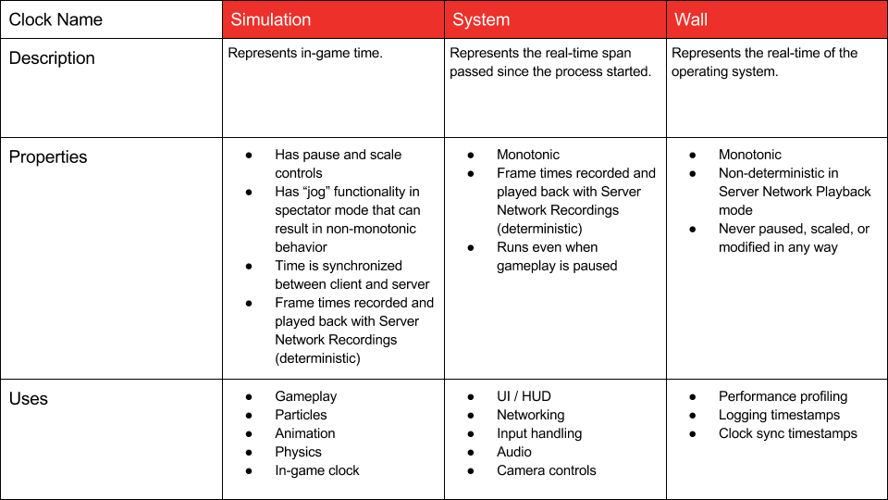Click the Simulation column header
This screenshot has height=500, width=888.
270,19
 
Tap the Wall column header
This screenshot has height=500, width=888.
691,19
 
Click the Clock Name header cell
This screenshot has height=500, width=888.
55,19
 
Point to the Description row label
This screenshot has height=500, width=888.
52,58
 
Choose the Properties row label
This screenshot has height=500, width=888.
48,157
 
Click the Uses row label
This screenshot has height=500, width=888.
29,399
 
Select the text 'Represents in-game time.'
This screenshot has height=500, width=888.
305,53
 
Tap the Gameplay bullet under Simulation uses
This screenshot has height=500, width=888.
305,396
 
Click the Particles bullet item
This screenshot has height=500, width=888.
301,415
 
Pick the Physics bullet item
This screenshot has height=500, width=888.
298,452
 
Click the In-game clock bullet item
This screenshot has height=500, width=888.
316,470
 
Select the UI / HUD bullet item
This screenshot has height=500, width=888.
524,396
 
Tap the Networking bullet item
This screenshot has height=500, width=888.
530,415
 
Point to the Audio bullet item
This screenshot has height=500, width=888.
513,452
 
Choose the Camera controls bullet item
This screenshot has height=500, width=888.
546,470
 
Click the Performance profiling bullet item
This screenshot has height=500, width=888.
783,396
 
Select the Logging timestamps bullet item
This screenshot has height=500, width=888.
779,415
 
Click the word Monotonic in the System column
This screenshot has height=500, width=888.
527,155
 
